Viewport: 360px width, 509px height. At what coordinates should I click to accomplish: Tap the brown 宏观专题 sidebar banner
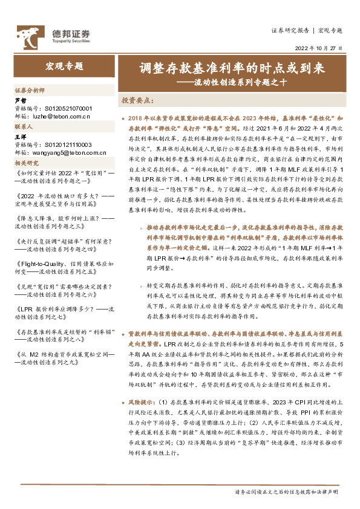point(64,66)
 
